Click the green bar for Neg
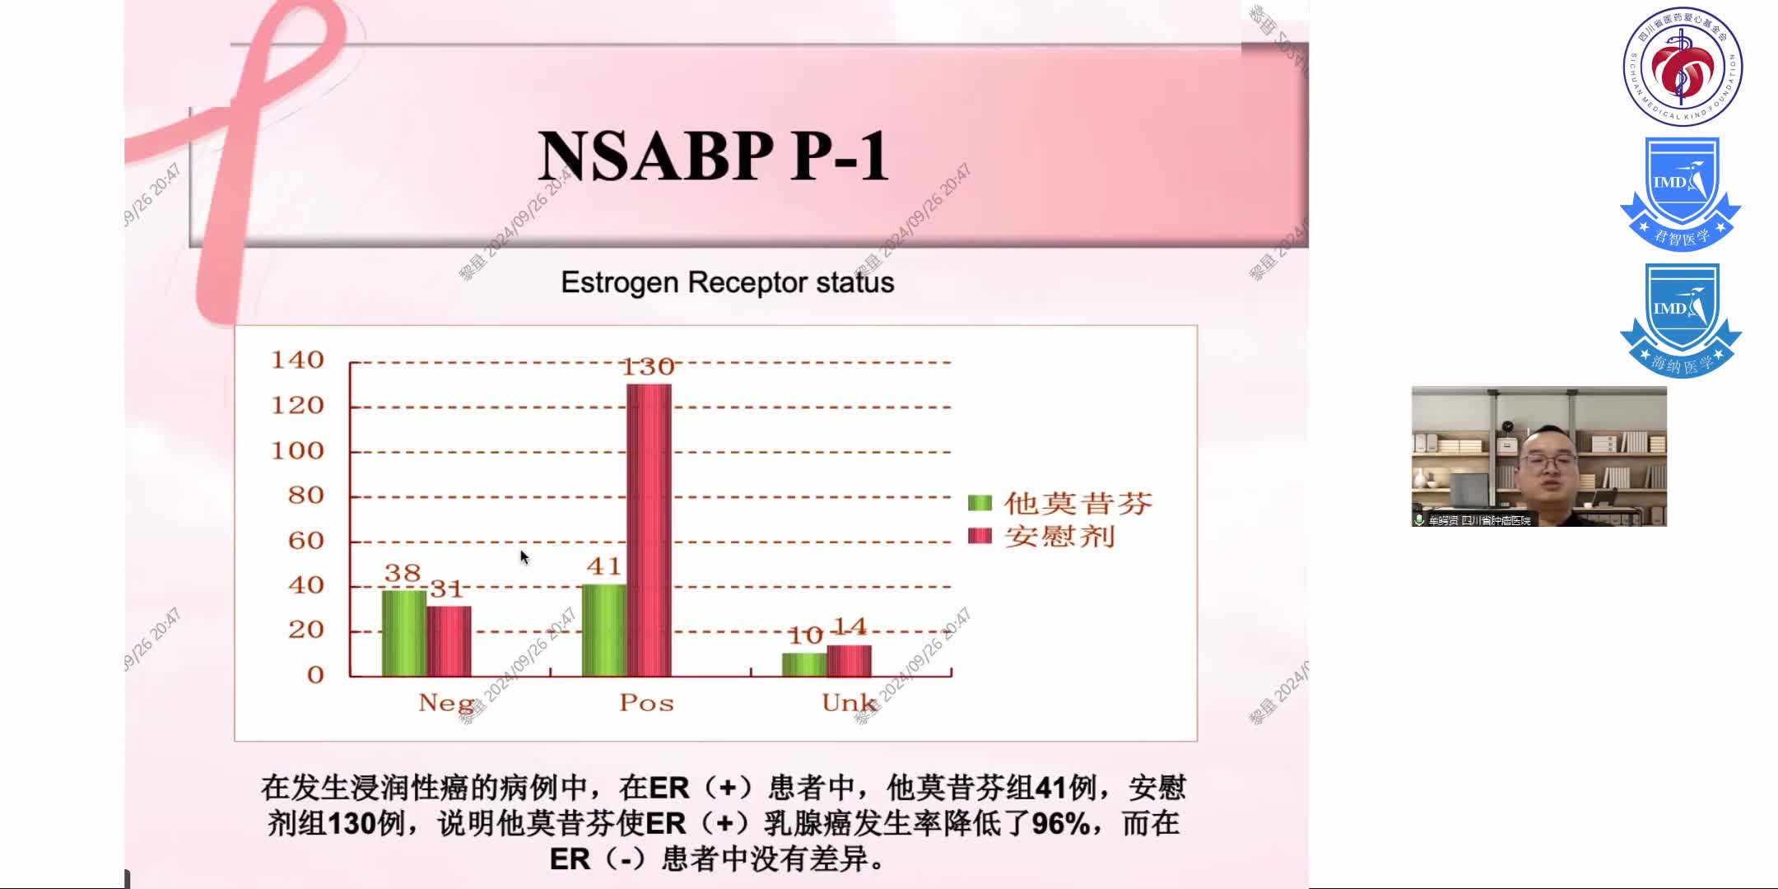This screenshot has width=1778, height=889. point(404,633)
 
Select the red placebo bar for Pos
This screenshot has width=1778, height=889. point(649,530)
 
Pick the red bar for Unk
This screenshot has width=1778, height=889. point(849,660)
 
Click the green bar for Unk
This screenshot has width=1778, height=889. point(804,664)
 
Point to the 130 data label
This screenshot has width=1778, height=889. point(648,367)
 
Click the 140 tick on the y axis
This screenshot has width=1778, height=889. point(297,361)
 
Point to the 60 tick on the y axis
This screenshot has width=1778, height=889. point(305,541)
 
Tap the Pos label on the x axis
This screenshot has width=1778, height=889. point(646,703)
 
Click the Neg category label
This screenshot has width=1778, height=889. point(445,703)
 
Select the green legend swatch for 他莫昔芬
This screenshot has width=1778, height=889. point(980,503)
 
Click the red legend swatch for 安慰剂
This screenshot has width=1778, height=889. point(980,536)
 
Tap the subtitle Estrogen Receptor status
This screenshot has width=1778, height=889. point(727,282)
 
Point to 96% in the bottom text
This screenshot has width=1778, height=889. point(1060,824)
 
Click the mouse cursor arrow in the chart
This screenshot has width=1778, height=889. point(524,557)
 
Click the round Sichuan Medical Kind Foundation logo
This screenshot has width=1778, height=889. point(1682,67)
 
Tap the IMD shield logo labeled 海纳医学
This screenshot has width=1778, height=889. point(1680,321)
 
